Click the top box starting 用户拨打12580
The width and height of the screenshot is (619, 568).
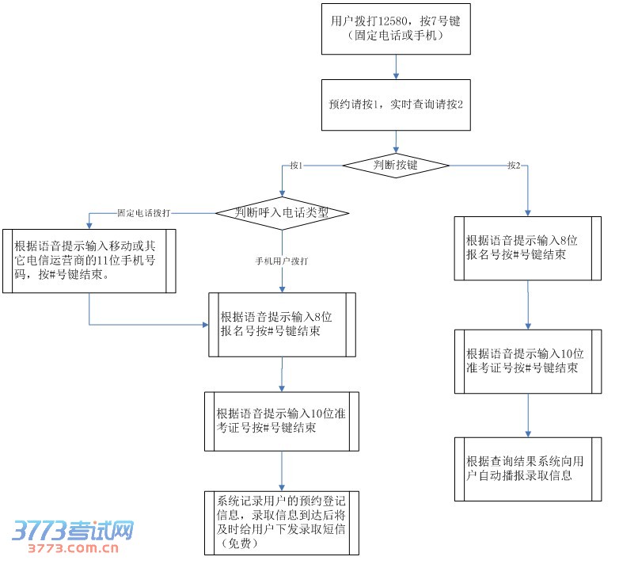[x=395, y=29]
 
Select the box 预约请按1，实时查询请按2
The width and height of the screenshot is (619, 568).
[x=395, y=105]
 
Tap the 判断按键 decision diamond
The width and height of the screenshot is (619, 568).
[x=395, y=165]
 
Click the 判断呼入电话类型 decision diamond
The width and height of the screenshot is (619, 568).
[x=283, y=212]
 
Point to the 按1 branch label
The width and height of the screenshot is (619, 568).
[x=297, y=166]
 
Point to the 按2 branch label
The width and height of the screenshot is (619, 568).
[x=514, y=166]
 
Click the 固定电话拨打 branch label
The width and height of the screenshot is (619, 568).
[x=143, y=213]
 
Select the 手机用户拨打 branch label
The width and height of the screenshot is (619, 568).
[x=281, y=261]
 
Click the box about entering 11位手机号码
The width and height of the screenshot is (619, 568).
[x=89, y=261]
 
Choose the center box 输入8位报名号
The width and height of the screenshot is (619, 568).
[x=283, y=325]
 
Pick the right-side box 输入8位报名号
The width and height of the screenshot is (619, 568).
[x=527, y=247]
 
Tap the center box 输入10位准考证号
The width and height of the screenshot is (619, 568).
[x=283, y=421]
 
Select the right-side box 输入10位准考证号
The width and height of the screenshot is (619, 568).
[x=527, y=360]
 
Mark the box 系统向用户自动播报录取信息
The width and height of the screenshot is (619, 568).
[x=527, y=468]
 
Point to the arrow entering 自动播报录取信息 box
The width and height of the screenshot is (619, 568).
[x=528, y=415]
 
